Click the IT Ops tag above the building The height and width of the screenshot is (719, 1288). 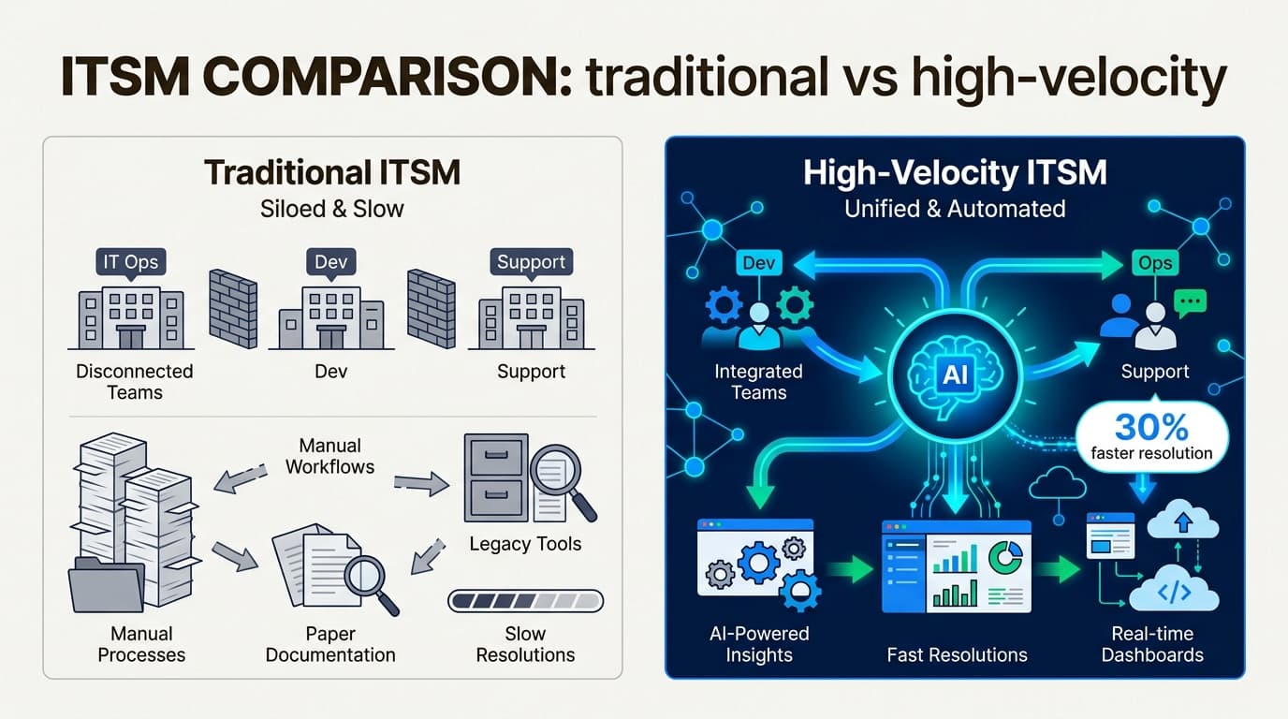tap(130, 262)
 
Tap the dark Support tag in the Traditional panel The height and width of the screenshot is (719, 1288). tap(531, 262)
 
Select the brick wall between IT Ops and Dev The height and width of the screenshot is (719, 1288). tap(233, 308)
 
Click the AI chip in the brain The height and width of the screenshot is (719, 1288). tap(955, 375)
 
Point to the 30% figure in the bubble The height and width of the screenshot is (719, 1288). tap(1151, 427)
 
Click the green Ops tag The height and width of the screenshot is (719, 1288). tap(1155, 263)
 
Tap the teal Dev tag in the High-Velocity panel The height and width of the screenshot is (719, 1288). tap(759, 263)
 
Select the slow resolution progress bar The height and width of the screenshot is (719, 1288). tap(525, 601)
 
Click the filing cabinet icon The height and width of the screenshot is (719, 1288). tap(496, 477)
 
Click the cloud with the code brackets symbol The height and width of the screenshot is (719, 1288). tap(1174, 590)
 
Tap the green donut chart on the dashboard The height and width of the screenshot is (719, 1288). tap(1005, 556)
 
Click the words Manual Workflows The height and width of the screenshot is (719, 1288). tap(330, 456)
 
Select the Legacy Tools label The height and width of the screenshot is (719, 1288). tap(525, 544)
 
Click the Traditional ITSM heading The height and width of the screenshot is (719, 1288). tap(332, 172)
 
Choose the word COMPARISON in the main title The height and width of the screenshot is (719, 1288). tap(388, 78)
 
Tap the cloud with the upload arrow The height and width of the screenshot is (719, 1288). tap(1183, 521)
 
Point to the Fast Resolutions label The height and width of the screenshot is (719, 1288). tap(957, 654)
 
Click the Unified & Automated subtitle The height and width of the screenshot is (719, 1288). tap(955, 209)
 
